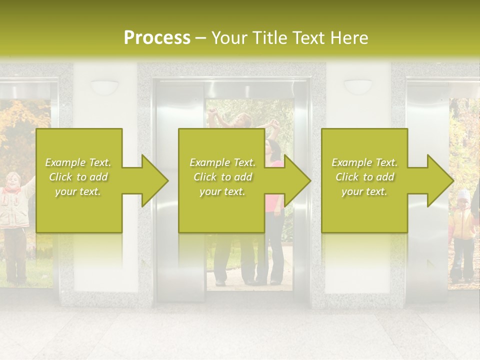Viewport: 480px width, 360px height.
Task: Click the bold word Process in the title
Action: pos(157,38)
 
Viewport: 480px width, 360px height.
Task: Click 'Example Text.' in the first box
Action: pos(78,162)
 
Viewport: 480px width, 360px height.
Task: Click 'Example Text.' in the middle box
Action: pos(222,162)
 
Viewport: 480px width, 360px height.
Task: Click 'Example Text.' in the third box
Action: pos(364,162)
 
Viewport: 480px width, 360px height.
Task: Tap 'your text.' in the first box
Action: pos(78,191)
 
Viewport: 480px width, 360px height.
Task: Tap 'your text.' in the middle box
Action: pos(222,191)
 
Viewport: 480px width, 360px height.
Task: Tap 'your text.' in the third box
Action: pos(364,191)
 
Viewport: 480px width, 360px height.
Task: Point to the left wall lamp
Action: pos(104,87)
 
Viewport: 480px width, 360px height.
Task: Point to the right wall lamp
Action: pos(358,87)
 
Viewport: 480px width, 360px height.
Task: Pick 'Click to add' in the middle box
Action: pos(222,177)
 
